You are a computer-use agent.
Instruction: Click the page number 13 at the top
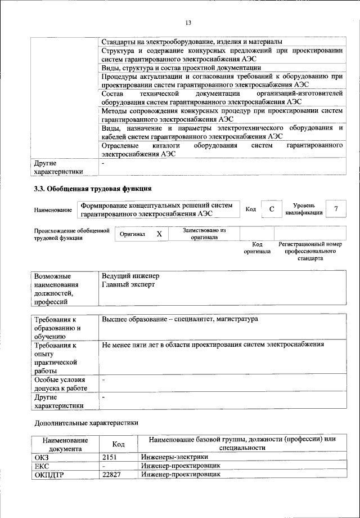click(x=188, y=22)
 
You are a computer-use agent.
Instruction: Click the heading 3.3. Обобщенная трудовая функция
click(x=93, y=188)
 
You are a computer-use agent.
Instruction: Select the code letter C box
click(x=272, y=209)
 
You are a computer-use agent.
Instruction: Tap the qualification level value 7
click(x=336, y=209)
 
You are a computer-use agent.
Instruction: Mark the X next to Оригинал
click(x=159, y=234)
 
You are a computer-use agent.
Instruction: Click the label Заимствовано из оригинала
click(x=204, y=234)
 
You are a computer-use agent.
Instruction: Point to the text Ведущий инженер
click(x=130, y=276)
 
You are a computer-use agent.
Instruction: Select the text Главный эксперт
click(x=128, y=285)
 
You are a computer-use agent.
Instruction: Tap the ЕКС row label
click(x=43, y=466)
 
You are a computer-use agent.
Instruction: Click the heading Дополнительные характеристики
click(x=85, y=422)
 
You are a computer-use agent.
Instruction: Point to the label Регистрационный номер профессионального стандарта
click(x=310, y=252)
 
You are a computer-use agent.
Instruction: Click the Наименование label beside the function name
click(x=53, y=210)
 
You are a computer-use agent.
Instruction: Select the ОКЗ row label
click(x=42, y=457)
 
